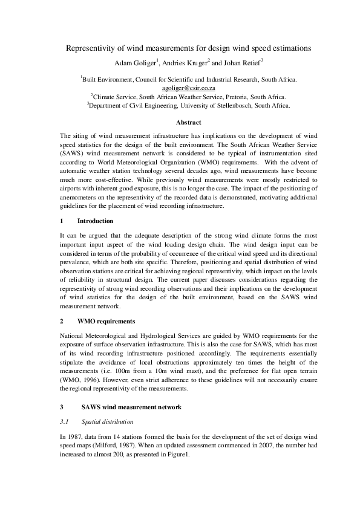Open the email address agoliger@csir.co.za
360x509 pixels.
pyautogui.click(x=180, y=87)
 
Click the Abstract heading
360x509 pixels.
pyautogui.click(x=180, y=123)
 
